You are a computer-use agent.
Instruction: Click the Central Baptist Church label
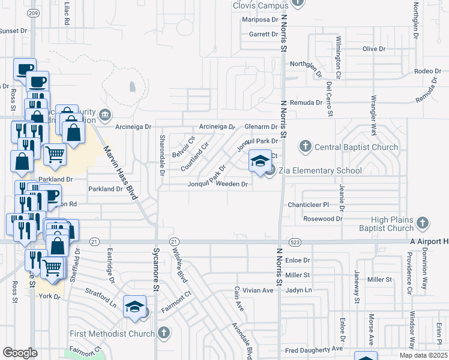pos(357,147)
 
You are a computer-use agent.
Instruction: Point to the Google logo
pos(20,353)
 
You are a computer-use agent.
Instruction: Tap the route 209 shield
pos(34,13)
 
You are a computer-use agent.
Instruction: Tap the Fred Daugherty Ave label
pos(313,349)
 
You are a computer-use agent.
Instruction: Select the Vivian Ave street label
pos(259,290)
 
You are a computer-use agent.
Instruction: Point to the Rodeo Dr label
pos(428,71)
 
